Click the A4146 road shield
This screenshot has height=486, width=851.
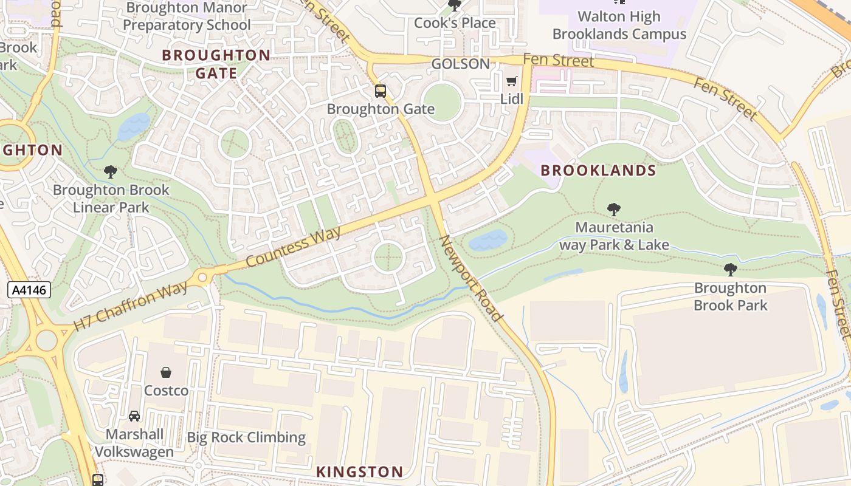point(29,290)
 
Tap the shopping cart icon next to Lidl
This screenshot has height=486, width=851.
point(512,81)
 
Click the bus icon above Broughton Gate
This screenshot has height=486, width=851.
point(381,92)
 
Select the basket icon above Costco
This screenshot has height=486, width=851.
point(166,372)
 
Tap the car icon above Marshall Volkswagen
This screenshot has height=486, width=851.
point(134,416)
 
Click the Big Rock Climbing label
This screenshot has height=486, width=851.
point(246,437)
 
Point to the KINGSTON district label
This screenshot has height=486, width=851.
point(359,471)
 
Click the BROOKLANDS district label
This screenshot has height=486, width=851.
point(598,171)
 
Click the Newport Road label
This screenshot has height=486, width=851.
point(471,278)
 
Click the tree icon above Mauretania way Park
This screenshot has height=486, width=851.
point(614,210)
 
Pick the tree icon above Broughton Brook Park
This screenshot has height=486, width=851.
point(731,270)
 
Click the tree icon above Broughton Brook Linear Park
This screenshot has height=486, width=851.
point(111,172)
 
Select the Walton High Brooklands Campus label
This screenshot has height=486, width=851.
point(619,26)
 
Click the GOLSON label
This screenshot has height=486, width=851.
point(460,64)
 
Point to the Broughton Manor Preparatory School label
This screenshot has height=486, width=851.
point(186,17)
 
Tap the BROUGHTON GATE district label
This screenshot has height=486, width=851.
point(216,64)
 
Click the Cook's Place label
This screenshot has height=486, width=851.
point(455,23)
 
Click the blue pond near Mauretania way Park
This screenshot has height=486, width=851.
point(488,241)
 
